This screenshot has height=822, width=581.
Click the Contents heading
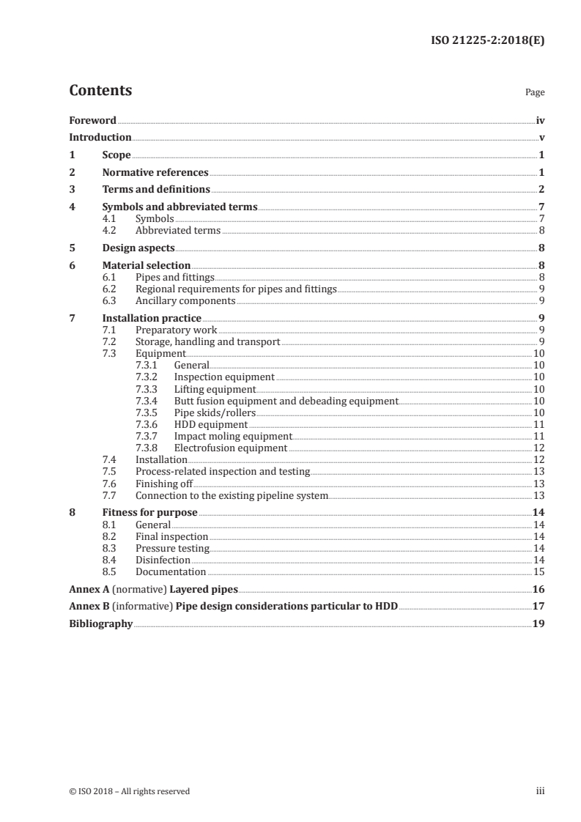(x=100, y=91)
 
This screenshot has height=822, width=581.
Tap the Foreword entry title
(x=92, y=120)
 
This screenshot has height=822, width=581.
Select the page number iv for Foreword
(x=540, y=120)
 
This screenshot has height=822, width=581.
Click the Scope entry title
(x=116, y=155)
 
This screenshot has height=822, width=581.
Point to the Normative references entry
(x=155, y=173)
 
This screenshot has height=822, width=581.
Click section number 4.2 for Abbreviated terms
(x=110, y=230)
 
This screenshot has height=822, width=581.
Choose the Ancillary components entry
(x=185, y=300)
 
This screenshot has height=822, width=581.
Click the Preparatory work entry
(x=176, y=330)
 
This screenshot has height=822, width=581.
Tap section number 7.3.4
(x=149, y=401)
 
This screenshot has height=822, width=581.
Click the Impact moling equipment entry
(x=228, y=436)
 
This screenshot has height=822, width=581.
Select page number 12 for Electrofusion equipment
(x=539, y=448)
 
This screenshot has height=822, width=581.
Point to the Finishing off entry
(x=164, y=484)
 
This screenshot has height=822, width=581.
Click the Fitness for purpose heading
(x=149, y=513)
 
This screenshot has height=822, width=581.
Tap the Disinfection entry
(x=163, y=560)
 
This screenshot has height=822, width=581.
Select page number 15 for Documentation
(x=539, y=571)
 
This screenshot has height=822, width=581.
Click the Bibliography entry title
(x=100, y=624)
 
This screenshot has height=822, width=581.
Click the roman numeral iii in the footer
(x=541, y=790)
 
